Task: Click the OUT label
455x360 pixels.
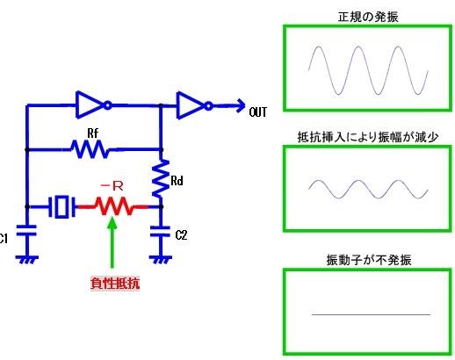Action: (258, 112)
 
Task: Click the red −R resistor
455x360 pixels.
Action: (112, 207)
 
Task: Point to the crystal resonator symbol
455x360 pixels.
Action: (60, 207)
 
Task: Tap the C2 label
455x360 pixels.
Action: (181, 235)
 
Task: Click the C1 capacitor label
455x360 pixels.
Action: (4, 238)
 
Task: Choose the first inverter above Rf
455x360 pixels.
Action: (92, 106)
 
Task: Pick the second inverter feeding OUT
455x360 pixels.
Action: (192, 106)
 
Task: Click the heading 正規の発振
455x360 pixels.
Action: (367, 17)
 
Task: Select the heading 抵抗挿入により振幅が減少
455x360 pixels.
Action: (367, 137)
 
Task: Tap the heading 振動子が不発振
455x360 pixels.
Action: (367, 260)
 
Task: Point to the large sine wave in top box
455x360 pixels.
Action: (367, 69)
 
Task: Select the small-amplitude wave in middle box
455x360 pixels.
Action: (367, 189)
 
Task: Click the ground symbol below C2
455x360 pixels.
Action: (160, 259)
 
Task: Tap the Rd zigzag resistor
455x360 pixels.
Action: (160, 181)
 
